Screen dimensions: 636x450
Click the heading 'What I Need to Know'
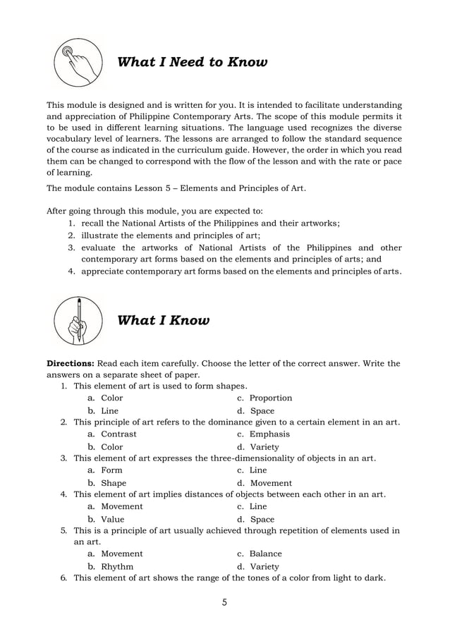point(192,63)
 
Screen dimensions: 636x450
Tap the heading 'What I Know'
point(163,321)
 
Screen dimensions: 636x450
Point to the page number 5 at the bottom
point(224,603)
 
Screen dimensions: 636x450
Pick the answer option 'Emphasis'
point(269,434)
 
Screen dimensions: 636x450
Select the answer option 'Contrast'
point(118,434)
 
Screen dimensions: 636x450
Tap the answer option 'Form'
point(111,470)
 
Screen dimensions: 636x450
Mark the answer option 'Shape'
point(114,483)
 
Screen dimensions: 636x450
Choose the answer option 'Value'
point(113,519)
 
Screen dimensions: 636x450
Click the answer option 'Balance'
point(265,554)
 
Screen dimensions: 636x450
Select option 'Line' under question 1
point(109,411)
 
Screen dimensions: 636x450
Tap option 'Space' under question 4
point(262,519)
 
